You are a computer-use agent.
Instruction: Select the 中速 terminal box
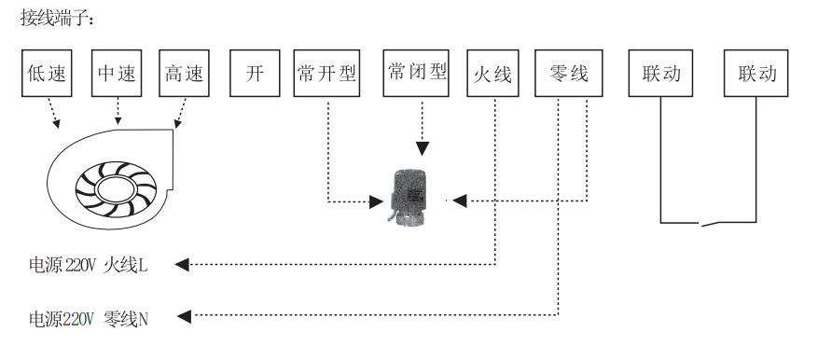point(117,74)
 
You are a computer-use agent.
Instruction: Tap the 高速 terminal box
point(186,74)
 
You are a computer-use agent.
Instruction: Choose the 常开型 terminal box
point(326,74)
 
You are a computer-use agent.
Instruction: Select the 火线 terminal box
point(492,74)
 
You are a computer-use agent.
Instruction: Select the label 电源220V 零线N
point(88,317)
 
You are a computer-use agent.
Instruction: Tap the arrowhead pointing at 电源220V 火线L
point(183,266)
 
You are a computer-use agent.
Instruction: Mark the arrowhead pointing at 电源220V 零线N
point(185,317)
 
